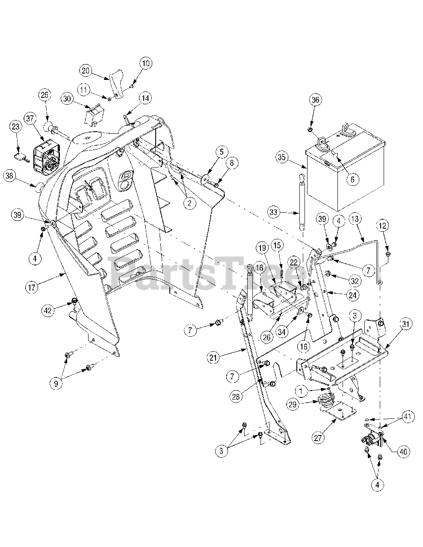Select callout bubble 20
pos(86,71)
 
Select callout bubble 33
pos(275,211)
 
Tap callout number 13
pos(354,219)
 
